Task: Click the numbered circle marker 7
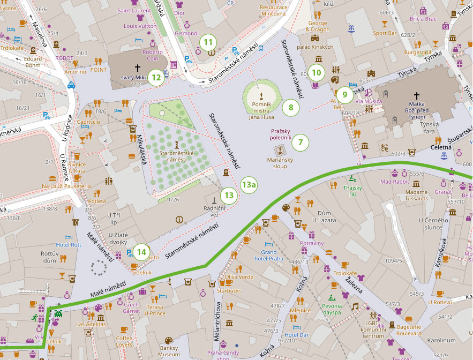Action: pos(301,142)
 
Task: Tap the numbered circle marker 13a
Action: pos(249,185)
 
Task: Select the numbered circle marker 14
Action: pos(141,251)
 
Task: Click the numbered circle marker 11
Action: pos(208,42)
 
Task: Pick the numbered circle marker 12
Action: pos(156,77)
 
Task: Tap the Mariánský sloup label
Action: pos(277,163)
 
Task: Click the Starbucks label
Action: pos(229,291)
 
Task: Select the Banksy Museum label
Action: pos(169,351)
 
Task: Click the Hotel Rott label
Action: pos(69,245)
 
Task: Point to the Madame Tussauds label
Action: pos(416,196)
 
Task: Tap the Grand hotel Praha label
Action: pos(268,256)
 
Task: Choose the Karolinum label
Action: pos(441,340)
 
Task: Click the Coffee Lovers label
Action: pos(124,341)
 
